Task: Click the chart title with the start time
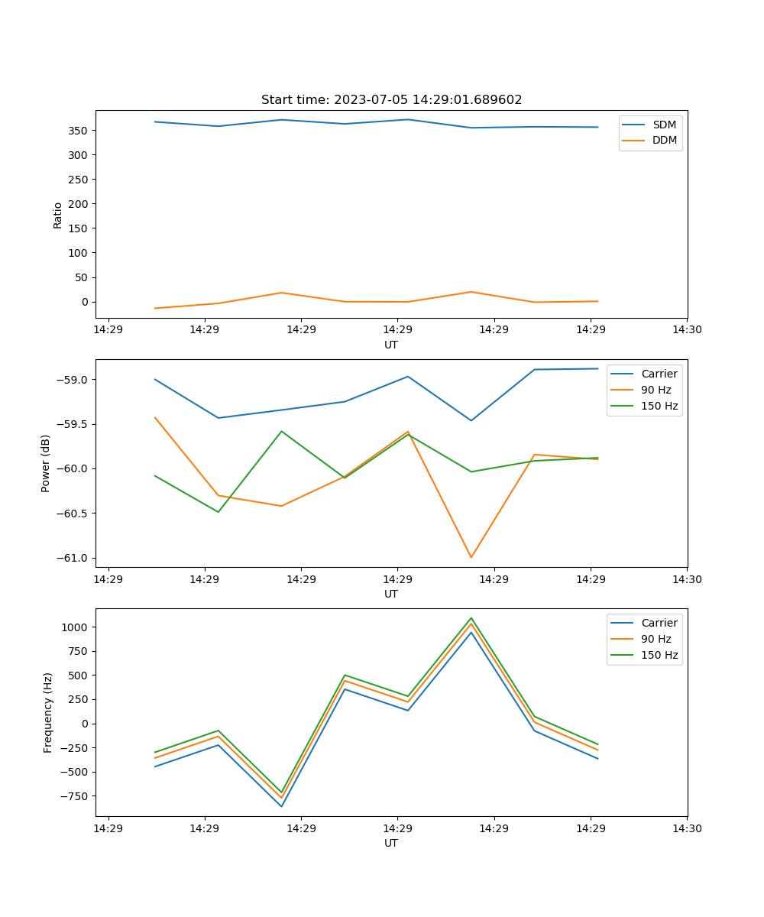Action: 391,100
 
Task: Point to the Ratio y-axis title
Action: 58,215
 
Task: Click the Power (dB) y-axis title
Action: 46,463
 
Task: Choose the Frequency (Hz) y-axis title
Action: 47,712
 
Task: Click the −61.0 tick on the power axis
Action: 75,558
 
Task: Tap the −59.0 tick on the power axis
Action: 75,380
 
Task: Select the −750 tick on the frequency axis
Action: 77,796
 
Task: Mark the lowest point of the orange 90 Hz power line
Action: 471,557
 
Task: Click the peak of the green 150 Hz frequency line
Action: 471,618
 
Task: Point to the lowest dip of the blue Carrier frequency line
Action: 281,806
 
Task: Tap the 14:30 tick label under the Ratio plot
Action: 687,331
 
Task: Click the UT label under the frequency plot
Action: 391,843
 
